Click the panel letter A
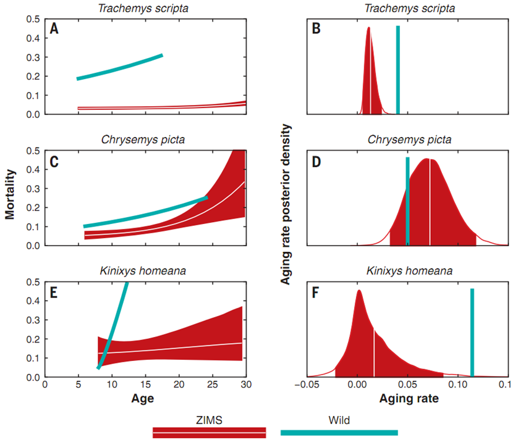[x=54, y=29]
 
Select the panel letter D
[x=317, y=161]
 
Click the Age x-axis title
[x=142, y=399]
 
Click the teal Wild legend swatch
[x=339, y=432]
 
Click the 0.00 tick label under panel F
[x=357, y=385]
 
